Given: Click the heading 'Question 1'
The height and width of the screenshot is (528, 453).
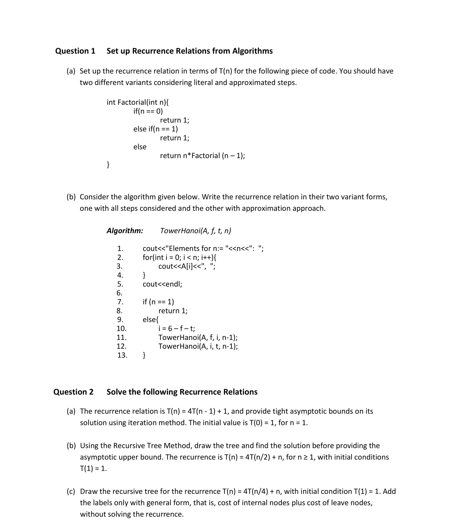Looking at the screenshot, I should tap(75, 51).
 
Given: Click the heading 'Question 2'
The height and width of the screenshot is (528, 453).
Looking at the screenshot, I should tap(73, 392).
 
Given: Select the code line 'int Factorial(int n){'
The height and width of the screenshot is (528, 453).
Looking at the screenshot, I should tap(137, 102).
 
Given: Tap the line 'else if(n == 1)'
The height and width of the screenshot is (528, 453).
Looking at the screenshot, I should tap(156, 129).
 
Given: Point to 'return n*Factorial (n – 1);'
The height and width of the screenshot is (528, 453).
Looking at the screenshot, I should tap(202, 156).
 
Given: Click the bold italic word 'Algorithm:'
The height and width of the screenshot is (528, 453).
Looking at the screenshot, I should tap(125, 231).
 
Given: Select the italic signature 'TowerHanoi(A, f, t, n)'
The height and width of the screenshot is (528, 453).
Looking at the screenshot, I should tap(196, 231).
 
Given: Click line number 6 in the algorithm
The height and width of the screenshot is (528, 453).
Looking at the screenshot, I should tap(120, 293).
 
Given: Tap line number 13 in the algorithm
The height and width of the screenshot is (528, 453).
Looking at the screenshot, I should tap(122, 355).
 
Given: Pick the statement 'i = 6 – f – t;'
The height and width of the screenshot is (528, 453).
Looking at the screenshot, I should tap(177, 329).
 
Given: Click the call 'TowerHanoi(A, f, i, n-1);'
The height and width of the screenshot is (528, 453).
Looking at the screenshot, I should tap(198, 338).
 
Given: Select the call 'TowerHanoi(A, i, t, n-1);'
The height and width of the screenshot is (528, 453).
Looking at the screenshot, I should tap(198, 346).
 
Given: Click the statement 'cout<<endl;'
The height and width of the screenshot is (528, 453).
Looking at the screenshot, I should tap(162, 284).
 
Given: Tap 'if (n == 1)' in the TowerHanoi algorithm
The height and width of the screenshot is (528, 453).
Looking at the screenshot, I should tap(158, 302).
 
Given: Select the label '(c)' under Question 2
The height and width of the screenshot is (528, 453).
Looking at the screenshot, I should tap(71, 491).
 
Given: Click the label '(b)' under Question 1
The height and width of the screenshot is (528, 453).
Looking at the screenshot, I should tap(71, 197).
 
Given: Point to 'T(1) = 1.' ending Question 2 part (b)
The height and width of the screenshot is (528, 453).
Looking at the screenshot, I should tap(93, 469).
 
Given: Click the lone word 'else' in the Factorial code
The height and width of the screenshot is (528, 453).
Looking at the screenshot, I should tap(140, 147).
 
